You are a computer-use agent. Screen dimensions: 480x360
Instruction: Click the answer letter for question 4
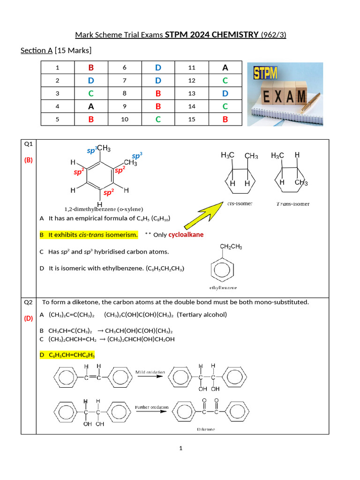point(91,106)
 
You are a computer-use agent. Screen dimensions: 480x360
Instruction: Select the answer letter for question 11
point(225,67)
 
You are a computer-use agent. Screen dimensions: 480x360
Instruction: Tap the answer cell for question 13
point(225,93)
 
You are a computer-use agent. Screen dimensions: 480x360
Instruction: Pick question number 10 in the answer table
point(125,119)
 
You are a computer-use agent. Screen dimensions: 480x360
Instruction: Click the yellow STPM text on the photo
point(265,73)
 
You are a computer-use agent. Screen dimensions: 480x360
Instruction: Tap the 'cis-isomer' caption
point(239,203)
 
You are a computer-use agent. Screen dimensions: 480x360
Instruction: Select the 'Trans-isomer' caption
point(293,204)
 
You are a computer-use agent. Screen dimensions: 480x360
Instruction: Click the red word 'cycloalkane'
point(186,234)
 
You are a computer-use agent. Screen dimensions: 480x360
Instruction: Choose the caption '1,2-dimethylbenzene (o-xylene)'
point(104,209)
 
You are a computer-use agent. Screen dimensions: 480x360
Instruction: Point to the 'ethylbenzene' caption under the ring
point(223,287)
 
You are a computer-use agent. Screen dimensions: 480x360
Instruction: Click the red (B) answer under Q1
point(29,160)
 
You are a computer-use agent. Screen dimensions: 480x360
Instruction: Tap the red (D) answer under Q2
point(29,318)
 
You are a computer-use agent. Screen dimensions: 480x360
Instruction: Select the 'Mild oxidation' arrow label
point(150,372)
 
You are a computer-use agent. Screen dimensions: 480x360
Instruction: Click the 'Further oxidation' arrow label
point(151,407)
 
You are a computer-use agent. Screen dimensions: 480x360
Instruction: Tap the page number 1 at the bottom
point(180,449)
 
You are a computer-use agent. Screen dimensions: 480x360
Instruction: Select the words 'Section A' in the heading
point(37,50)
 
